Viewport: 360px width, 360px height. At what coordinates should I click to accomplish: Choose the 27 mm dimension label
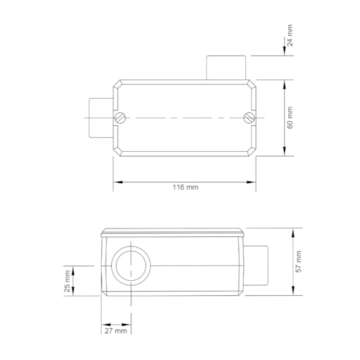116,332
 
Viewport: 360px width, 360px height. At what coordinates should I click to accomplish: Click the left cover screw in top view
120,118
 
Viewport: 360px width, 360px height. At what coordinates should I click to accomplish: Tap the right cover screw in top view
250,118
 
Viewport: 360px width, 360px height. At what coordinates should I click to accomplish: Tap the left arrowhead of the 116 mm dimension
117,182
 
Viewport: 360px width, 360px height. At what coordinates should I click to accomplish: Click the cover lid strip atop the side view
173,232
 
